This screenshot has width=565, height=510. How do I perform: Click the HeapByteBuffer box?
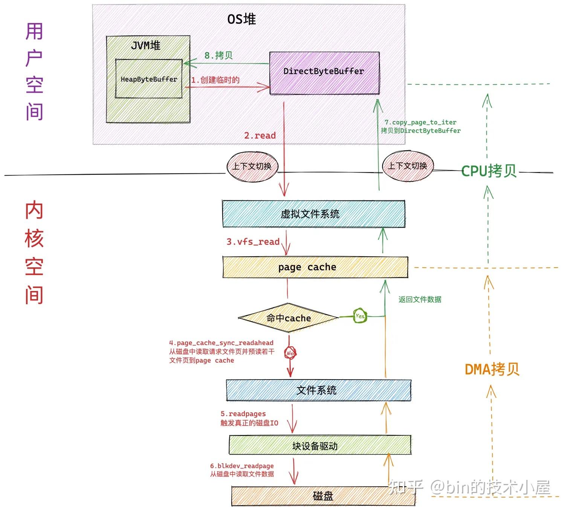pyautogui.click(x=149, y=79)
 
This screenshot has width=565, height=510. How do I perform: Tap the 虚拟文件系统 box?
pyautogui.click(x=313, y=214)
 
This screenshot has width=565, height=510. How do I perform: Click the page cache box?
pyautogui.click(x=315, y=267)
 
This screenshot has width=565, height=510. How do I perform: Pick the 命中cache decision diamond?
pyautogui.click(x=289, y=318)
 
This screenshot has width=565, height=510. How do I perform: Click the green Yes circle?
pyautogui.click(x=360, y=316)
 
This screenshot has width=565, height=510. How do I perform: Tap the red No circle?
pyautogui.click(x=290, y=353)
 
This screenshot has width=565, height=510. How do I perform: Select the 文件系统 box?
pyautogui.click(x=318, y=390)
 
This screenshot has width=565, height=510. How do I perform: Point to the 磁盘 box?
pyautogui.click(x=323, y=496)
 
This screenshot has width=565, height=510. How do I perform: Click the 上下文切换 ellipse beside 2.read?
pyautogui.click(x=252, y=166)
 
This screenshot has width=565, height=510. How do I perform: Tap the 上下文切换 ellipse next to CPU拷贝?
pyautogui.click(x=408, y=166)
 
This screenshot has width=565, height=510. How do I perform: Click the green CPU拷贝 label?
pyautogui.click(x=489, y=171)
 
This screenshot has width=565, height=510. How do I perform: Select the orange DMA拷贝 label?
pyautogui.click(x=492, y=369)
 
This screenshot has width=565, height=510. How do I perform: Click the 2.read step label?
pyautogui.click(x=260, y=136)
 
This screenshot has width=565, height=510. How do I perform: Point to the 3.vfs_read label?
pyautogui.click(x=253, y=242)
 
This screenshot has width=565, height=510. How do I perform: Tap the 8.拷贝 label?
pyautogui.click(x=218, y=55)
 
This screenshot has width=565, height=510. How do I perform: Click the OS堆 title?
pyautogui.click(x=241, y=19)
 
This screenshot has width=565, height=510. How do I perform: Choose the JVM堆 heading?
pyautogui.click(x=146, y=46)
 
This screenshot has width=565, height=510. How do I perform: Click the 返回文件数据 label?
pyautogui.click(x=420, y=299)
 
